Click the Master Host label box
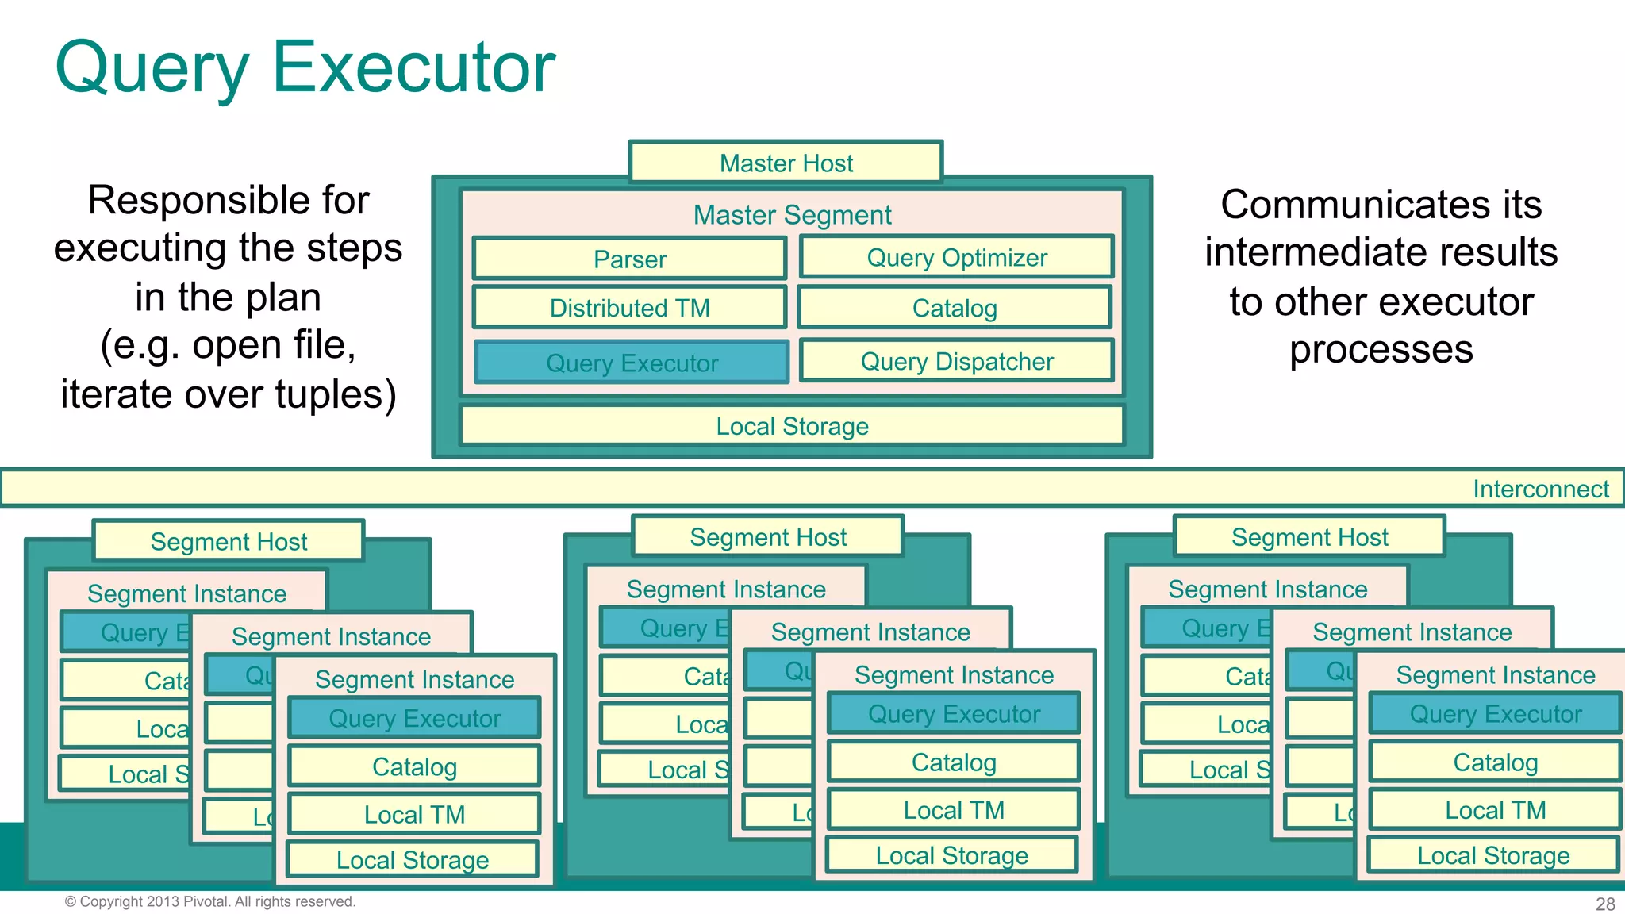pos(786,163)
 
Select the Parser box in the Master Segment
pos(630,259)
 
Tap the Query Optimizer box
pos(956,257)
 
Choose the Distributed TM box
pos(630,308)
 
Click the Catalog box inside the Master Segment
pos(955,308)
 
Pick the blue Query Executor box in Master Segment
pos(632,363)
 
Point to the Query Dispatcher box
pos(956,361)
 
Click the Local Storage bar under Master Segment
pos(792,426)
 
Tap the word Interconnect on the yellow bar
pos(1540,489)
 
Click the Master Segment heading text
pos(792,215)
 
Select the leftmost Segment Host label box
pos(229,541)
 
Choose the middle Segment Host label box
pos(767,537)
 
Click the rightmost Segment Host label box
pos(1309,537)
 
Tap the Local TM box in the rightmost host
pos(1495,810)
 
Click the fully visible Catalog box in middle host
pos(954,762)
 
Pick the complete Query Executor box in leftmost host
pos(414,718)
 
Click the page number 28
pos(1605,904)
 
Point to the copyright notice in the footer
pos(209,901)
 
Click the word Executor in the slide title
pos(413,67)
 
